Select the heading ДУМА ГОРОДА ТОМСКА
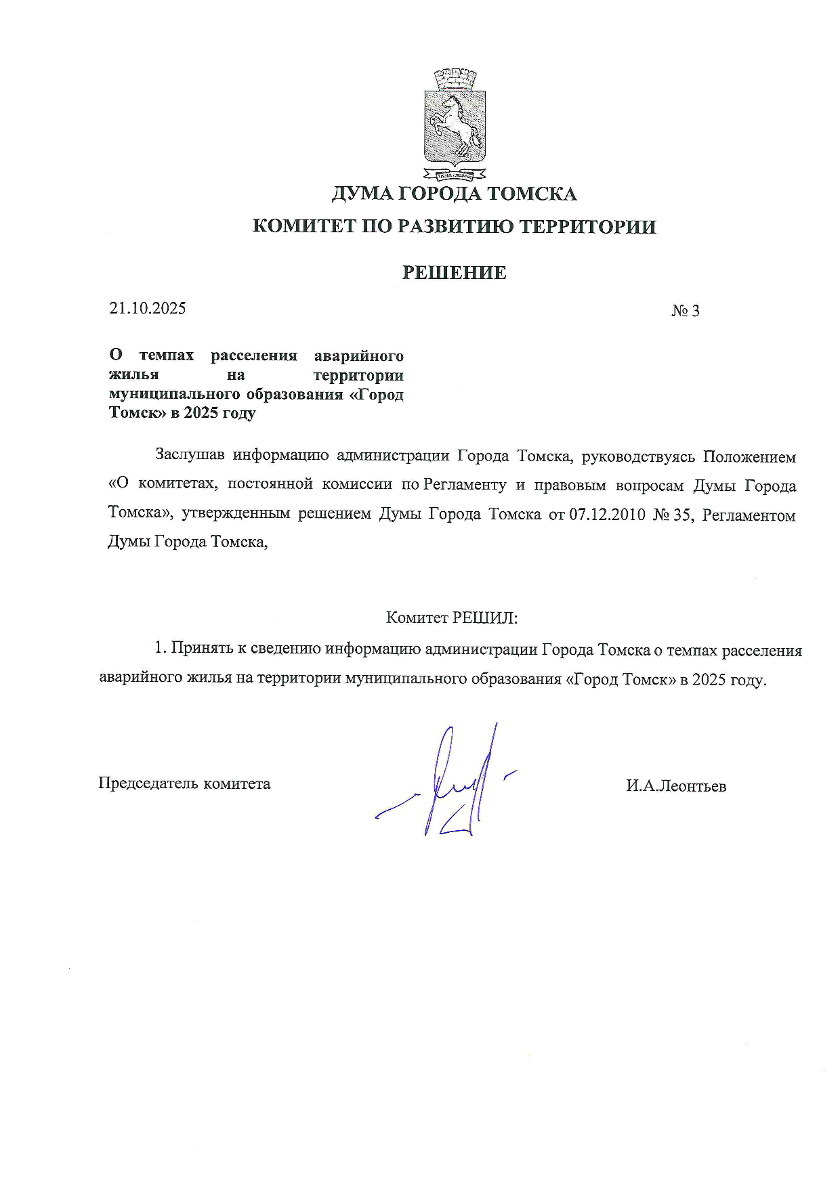(x=454, y=194)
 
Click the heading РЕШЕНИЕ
(x=454, y=273)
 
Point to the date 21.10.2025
(x=148, y=309)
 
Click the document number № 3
(x=685, y=311)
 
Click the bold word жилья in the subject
(x=134, y=375)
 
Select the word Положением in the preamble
(x=749, y=456)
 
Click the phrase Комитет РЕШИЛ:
(x=451, y=618)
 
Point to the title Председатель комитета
(x=184, y=783)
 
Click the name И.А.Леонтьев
(x=676, y=785)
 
